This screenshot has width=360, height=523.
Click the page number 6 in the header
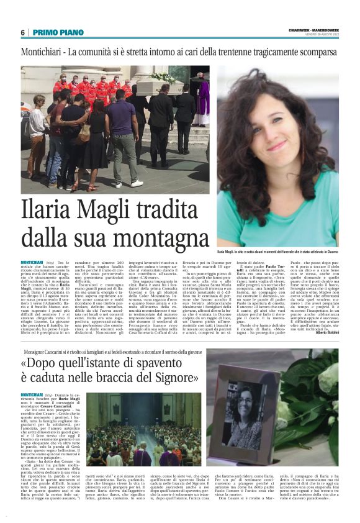pos(23,32)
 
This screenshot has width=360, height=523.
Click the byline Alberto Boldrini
pos(325,334)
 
